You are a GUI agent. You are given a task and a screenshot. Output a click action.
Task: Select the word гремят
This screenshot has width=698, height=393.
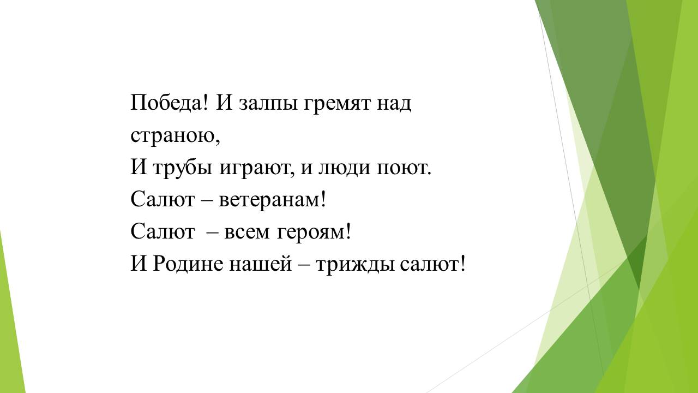click(x=336, y=104)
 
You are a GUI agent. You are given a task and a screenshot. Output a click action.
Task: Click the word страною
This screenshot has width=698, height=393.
click(x=173, y=136)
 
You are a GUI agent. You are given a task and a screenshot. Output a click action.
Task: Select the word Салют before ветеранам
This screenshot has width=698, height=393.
click(x=163, y=199)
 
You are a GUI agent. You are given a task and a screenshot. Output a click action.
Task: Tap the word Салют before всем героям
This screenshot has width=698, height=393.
click(x=163, y=231)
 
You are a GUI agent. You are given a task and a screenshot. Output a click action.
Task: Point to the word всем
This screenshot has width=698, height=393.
click(x=246, y=233)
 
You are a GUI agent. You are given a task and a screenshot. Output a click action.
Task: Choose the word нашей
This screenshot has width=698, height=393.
click(x=261, y=264)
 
